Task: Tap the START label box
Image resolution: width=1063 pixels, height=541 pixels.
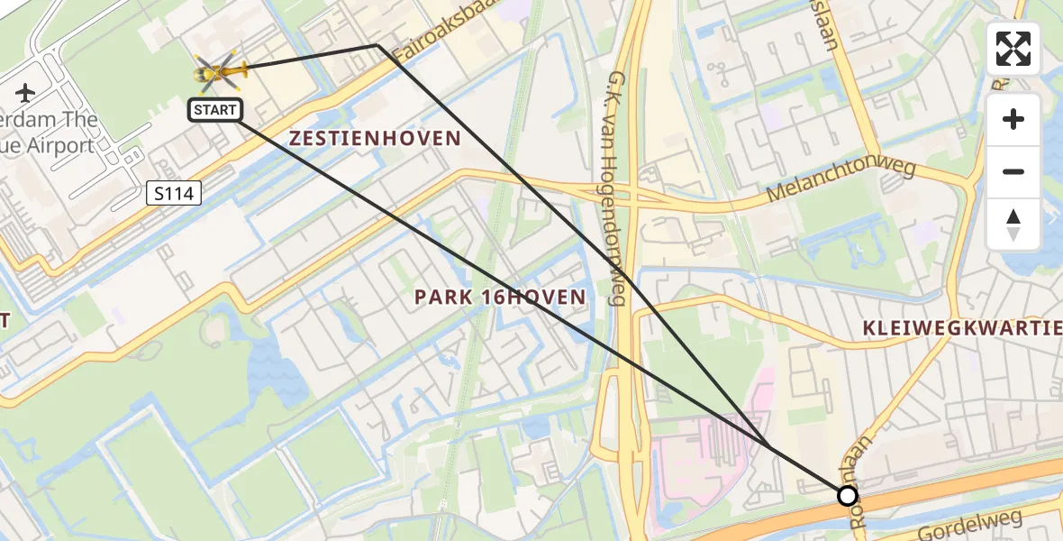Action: (214, 110)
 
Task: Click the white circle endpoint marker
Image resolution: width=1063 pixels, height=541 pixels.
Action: (847, 495)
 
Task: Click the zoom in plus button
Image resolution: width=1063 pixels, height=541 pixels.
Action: (1013, 119)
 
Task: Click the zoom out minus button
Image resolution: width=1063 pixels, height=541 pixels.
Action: (1013, 171)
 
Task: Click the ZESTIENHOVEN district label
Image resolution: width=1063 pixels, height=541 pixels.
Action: (374, 139)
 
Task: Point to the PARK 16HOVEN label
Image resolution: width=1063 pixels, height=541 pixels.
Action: (499, 297)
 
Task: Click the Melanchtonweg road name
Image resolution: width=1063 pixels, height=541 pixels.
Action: (840, 182)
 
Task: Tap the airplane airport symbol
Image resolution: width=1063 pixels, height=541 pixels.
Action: (25, 92)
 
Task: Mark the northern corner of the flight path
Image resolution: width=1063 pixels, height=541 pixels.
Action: (377, 45)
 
